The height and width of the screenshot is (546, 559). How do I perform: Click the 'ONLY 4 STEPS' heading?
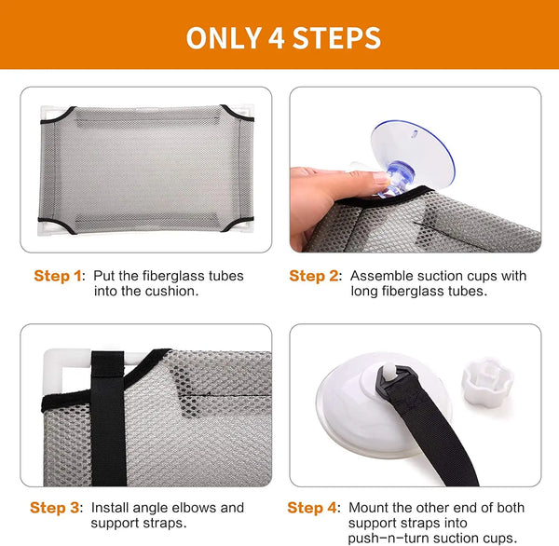click(x=283, y=38)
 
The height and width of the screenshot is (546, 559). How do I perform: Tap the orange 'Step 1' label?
click(x=58, y=276)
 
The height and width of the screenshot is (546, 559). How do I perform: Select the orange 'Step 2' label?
click(x=314, y=276)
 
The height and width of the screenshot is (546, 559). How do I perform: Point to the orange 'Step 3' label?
click(x=55, y=508)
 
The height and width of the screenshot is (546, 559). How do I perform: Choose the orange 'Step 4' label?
click(x=312, y=508)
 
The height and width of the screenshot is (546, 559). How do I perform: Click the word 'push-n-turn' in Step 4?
click(x=387, y=539)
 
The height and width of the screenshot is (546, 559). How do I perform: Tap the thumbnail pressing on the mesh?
click(x=381, y=177)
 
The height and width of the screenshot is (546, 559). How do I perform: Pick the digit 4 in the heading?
click(x=277, y=38)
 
